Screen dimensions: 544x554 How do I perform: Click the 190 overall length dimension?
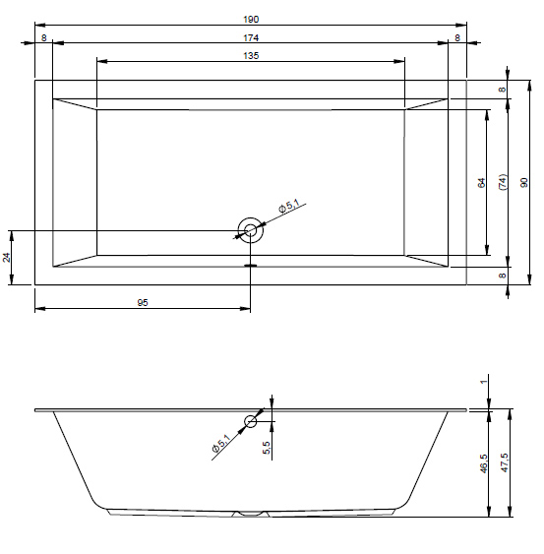(251, 20)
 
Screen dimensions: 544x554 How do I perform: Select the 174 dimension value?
(251, 37)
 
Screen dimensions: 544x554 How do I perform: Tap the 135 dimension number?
(251, 56)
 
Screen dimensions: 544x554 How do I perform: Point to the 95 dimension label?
(143, 303)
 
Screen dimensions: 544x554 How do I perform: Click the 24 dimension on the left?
(7, 257)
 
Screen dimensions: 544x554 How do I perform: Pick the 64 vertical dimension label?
(481, 183)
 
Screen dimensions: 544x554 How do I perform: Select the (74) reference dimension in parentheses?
(503, 182)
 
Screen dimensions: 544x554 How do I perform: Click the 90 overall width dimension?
(524, 182)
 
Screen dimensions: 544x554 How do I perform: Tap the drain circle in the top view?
(251, 218)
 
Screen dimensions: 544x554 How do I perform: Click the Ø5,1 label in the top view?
(289, 206)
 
